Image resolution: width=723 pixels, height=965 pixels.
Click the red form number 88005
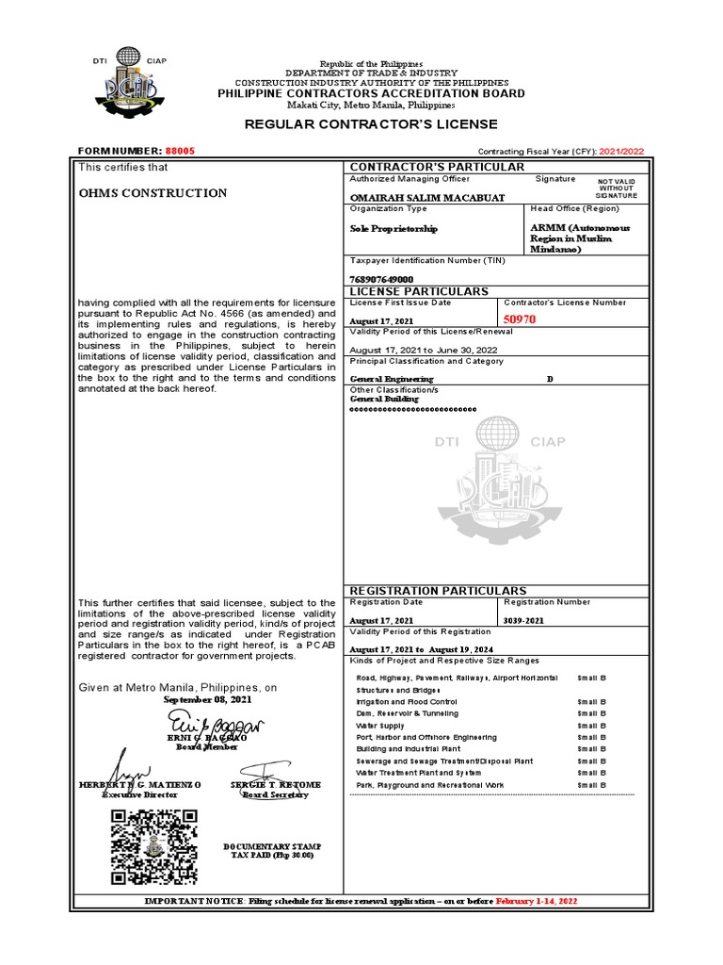[180, 151]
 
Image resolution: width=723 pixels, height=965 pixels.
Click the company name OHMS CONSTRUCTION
[153, 193]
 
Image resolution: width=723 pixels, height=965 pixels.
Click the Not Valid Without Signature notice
[617, 188]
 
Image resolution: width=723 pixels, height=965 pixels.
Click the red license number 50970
[520, 319]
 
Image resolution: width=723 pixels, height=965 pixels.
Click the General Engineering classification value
[392, 379]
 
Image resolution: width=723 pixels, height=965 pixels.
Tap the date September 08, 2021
[208, 700]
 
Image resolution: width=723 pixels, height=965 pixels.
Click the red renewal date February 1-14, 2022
[537, 902]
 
